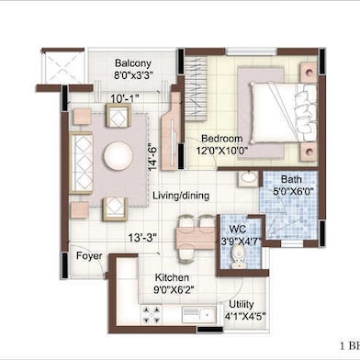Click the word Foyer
click(x=88, y=256)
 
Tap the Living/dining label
click(x=180, y=196)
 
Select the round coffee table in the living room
click(x=118, y=157)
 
